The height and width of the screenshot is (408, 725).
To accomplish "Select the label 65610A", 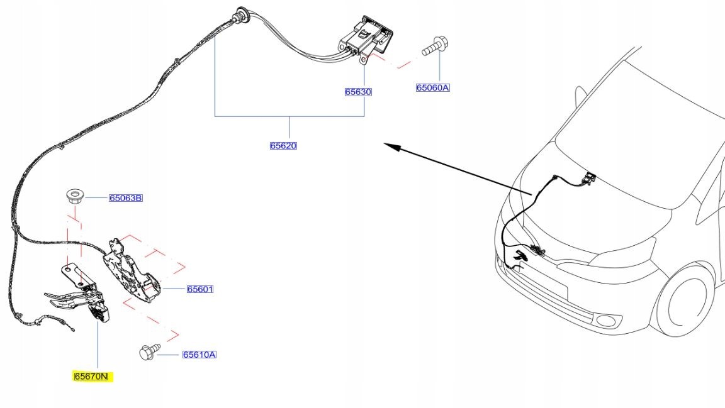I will click(x=199, y=355).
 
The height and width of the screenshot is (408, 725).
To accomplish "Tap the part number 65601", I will click(x=200, y=290).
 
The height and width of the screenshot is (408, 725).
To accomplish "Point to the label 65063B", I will click(x=125, y=198).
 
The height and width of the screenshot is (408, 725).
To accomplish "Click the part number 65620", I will click(x=283, y=146).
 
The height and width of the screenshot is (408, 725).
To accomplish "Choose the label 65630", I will click(x=358, y=92).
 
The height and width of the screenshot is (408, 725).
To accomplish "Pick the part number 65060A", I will click(x=432, y=88).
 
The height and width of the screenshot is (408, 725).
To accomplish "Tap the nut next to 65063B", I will click(x=75, y=196).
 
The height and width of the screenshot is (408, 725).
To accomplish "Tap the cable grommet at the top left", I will click(x=240, y=13).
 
